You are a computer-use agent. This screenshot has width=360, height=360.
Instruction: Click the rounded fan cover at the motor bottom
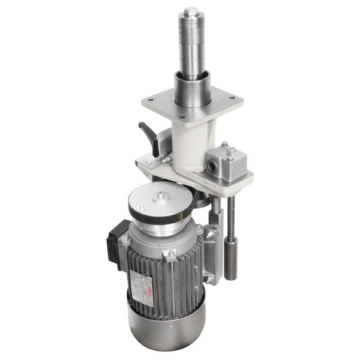(168, 327)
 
